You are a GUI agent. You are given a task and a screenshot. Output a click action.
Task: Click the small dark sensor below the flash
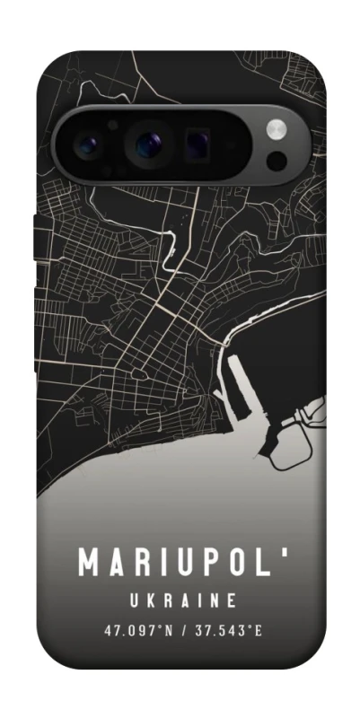click(277, 160)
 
